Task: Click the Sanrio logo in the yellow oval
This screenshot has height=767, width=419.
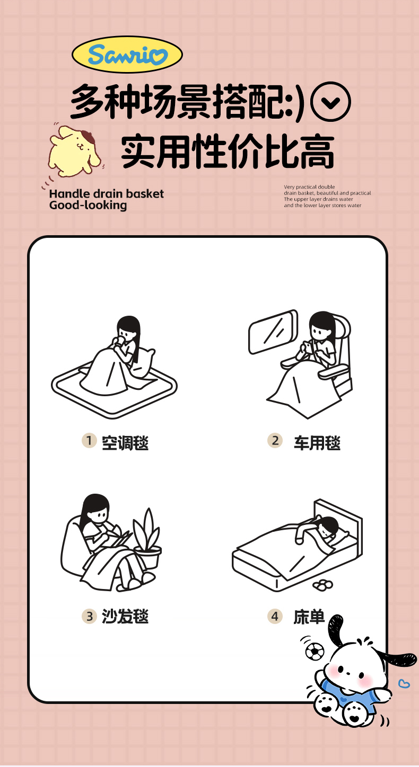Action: (x=127, y=55)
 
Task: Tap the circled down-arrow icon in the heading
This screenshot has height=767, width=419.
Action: (x=330, y=102)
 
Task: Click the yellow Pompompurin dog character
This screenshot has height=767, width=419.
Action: (x=74, y=150)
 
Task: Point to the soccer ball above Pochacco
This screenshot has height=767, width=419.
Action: (x=315, y=652)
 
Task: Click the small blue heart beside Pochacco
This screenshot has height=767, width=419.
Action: (x=404, y=683)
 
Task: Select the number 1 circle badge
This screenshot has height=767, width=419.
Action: (x=89, y=440)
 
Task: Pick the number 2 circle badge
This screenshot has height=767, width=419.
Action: (x=275, y=440)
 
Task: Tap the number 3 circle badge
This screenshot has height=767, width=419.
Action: (x=89, y=617)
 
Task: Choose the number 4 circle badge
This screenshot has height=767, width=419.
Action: (x=275, y=617)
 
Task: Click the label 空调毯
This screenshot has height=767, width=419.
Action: (x=125, y=443)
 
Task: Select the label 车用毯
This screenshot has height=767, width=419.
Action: (x=317, y=443)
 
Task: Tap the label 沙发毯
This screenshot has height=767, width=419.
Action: (x=125, y=617)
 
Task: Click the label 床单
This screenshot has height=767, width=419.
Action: (x=309, y=617)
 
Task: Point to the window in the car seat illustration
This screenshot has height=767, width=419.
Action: (x=273, y=332)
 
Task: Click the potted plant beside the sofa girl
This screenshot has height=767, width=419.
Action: (x=147, y=538)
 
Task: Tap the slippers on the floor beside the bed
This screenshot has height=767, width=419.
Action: (x=322, y=585)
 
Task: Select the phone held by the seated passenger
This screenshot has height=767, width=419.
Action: (x=309, y=347)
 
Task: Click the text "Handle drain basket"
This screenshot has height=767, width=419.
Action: (x=106, y=194)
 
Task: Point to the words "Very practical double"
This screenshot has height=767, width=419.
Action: (x=309, y=187)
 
